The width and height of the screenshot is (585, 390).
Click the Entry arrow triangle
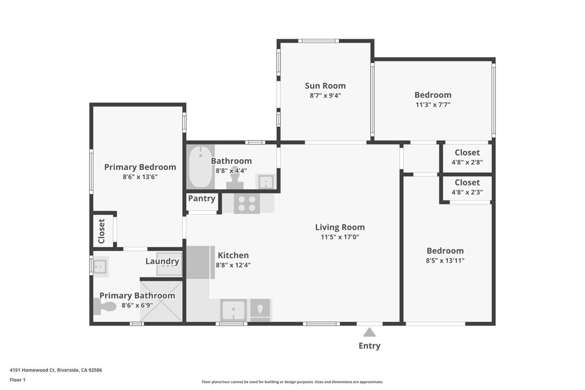(370, 332)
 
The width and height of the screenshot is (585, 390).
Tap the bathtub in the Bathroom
(200, 167)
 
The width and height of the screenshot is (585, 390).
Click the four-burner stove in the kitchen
(247, 203)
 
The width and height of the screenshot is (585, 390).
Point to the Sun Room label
(325, 86)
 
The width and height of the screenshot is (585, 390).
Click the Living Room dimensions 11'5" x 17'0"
(339, 237)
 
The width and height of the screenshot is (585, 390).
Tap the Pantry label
(202, 199)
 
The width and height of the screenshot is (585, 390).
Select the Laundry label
(162, 262)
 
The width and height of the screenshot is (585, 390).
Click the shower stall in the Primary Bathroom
(162, 301)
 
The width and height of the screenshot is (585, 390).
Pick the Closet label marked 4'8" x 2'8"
(467, 152)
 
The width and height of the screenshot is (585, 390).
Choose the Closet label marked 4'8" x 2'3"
(467, 182)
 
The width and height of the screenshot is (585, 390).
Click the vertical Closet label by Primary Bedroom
(102, 231)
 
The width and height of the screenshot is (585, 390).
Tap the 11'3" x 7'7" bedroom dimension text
(432, 104)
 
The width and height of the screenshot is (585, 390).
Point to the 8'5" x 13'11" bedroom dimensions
(445, 260)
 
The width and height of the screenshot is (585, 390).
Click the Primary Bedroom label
(140, 167)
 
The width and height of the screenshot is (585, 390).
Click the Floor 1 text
(18, 380)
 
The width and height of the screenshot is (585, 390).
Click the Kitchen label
(233, 255)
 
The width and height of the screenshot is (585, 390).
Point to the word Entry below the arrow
(369, 345)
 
